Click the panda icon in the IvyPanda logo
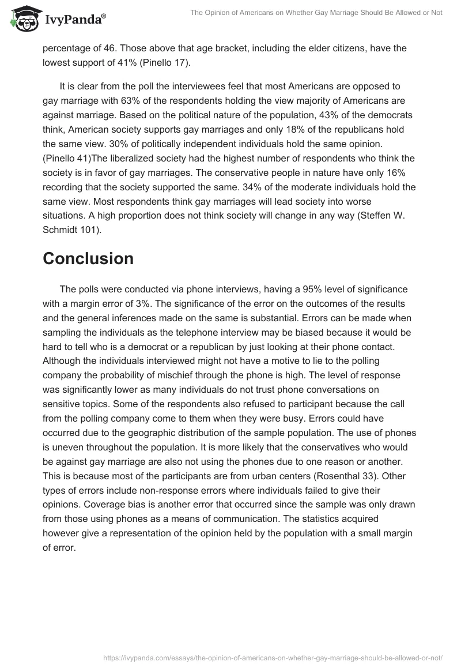[23, 20]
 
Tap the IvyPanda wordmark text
[74, 21]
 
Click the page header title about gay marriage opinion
[315, 13]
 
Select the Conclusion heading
[88, 258]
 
